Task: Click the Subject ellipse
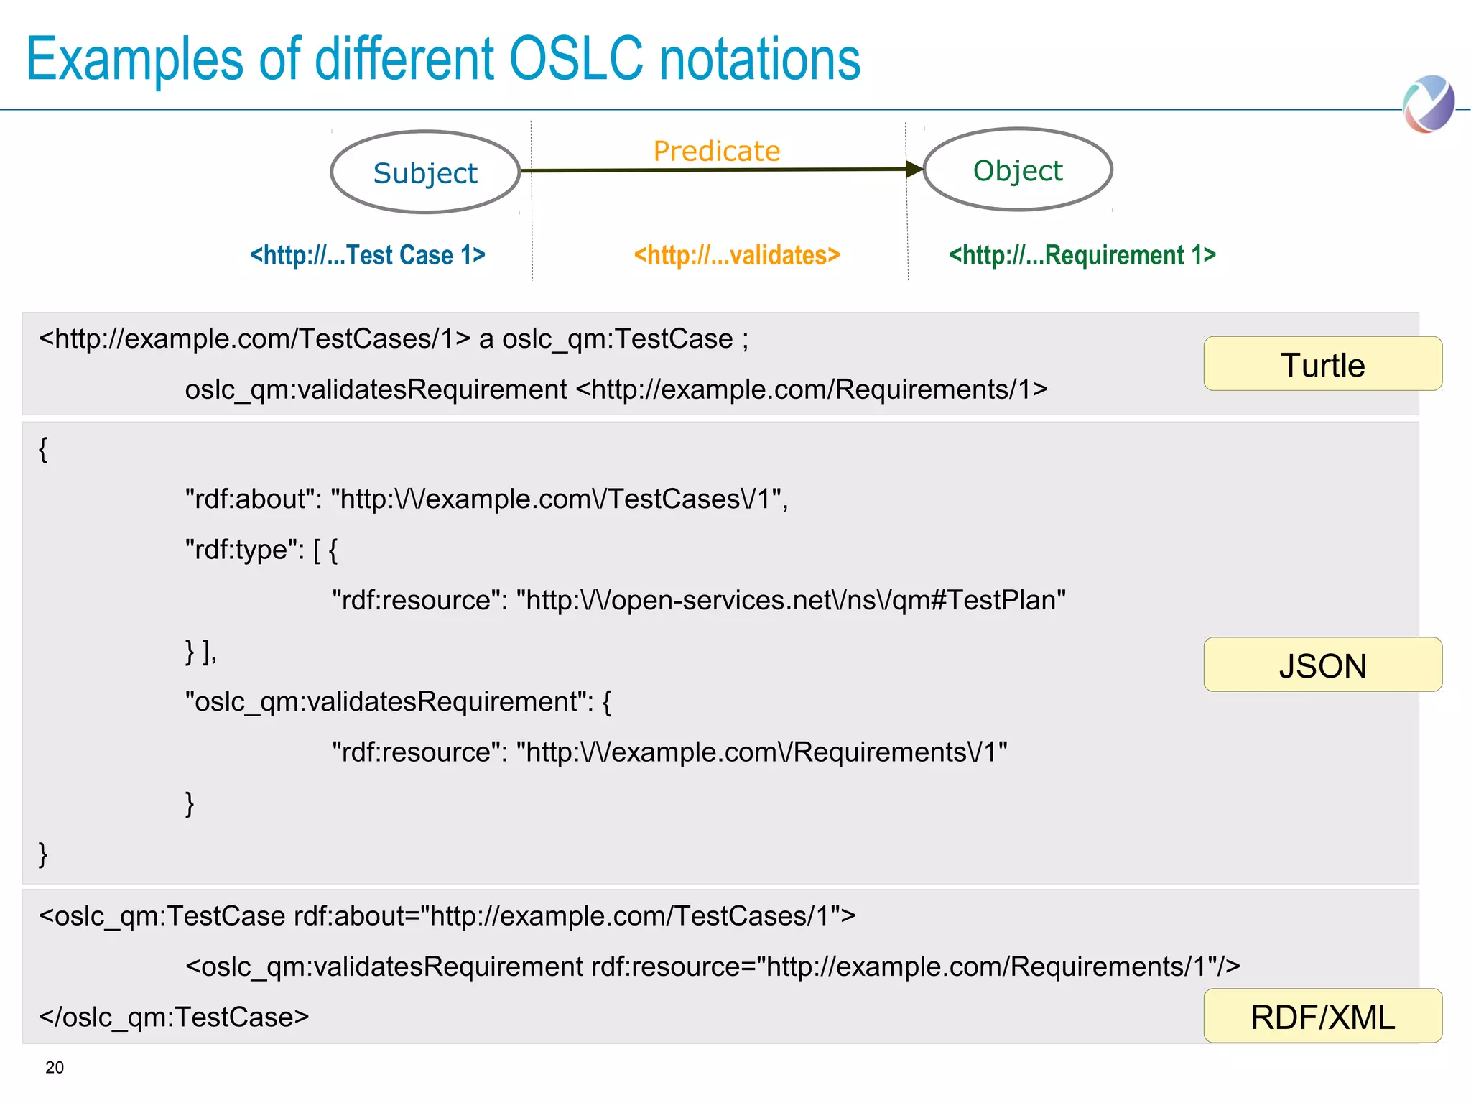click(425, 172)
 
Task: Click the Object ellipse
click(1018, 170)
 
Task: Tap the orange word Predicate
click(716, 151)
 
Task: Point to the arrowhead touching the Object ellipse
click(914, 170)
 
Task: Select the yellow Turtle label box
click(1322, 364)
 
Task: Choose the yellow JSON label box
click(1322, 665)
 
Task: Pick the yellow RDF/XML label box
click(1322, 1016)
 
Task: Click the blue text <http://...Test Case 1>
click(368, 255)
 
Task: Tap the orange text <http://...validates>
click(737, 255)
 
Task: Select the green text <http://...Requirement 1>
click(1082, 255)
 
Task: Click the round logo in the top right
click(1429, 104)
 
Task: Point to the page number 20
click(55, 1068)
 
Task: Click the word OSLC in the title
click(576, 59)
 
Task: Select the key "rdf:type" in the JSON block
click(245, 550)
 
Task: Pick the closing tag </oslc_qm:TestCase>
click(174, 1017)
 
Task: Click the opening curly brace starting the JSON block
click(43, 449)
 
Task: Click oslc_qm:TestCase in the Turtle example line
click(618, 338)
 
